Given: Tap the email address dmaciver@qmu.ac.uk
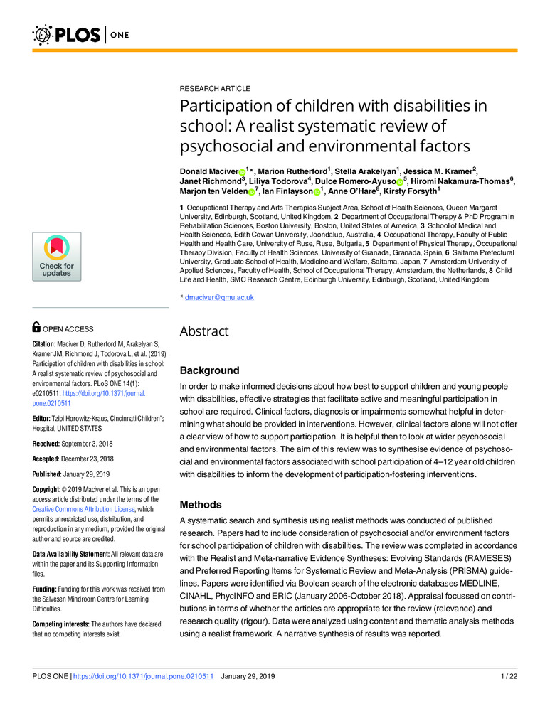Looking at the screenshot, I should pyautogui.click(x=219, y=297).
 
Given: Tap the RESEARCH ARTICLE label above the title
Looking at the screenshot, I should pyautogui.click(x=215, y=89).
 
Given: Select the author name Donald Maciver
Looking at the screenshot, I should pyautogui.click(x=208, y=172).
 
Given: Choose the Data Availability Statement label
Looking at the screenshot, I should pyautogui.click(x=82, y=553).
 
